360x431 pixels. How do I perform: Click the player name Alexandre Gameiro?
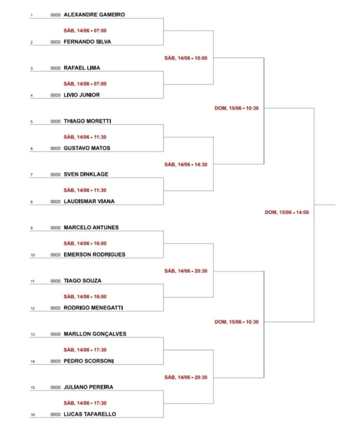click(x=94, y=15)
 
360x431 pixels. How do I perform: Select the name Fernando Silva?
click(x=87, y=42)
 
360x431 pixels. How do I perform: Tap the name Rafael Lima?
click(x=82, y=68)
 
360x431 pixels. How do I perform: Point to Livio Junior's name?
click(x=82, y=95)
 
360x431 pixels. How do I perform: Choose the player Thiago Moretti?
click(x=87, y=121)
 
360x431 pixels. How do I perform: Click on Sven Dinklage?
click(x=86, y=174)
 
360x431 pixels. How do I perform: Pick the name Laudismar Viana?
click(x=89, y=201)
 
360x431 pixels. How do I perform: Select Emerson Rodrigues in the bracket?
click(x=94, y=255)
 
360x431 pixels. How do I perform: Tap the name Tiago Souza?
click(x=83, y=281)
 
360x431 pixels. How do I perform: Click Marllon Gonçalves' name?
click(x=95, y=334)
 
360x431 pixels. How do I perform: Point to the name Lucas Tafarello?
click(x=90, y=414)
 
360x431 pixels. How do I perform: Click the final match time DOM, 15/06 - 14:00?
click(x=287, y=212)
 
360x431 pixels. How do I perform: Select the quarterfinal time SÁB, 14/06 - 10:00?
click(x=186, y=58)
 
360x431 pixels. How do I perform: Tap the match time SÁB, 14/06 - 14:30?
click(x=186, y=165)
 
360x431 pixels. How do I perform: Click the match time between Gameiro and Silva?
click(x=85, y=30)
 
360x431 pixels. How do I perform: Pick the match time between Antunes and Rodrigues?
click(x=85, y=243)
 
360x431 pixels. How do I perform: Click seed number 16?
click(x=33, y=415)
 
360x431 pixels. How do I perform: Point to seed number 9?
click(x=32, y=228)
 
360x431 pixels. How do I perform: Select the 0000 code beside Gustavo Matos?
click(x=55, y=149)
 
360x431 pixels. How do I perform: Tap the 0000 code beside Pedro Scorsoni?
click(x=55, y=361)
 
